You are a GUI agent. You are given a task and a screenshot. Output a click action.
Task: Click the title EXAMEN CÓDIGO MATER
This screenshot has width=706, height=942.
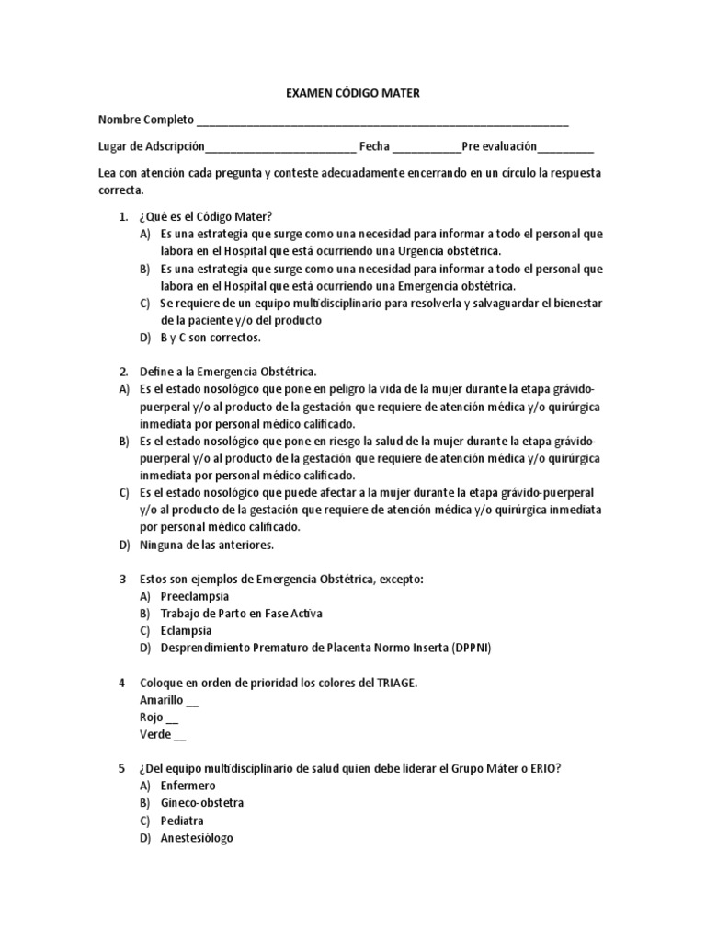[354, 93]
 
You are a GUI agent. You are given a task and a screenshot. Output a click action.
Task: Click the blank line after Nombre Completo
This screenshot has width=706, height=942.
[382, 121]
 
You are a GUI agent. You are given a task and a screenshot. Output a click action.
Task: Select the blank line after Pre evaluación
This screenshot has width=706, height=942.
[565, 147]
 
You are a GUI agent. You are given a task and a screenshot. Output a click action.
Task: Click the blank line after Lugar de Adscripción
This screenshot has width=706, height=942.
[280, 147]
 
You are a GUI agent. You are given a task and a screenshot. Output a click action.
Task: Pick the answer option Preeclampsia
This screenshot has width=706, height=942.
[195, 595]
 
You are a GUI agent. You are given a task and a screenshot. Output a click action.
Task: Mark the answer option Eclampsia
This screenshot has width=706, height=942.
[186, 630]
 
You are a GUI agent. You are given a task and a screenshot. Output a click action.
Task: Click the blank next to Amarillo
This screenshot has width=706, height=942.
[192, 700]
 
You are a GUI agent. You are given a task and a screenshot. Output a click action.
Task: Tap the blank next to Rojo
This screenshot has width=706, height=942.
[173, 718]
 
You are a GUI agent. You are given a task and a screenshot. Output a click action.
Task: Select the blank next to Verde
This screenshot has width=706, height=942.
[179, 735]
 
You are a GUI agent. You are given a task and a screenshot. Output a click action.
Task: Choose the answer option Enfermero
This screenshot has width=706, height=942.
[188, 786]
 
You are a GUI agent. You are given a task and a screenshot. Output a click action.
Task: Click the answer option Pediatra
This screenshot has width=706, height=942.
[182, 821]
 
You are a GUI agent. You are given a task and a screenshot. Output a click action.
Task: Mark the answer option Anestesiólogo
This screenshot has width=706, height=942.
[197, 838]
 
